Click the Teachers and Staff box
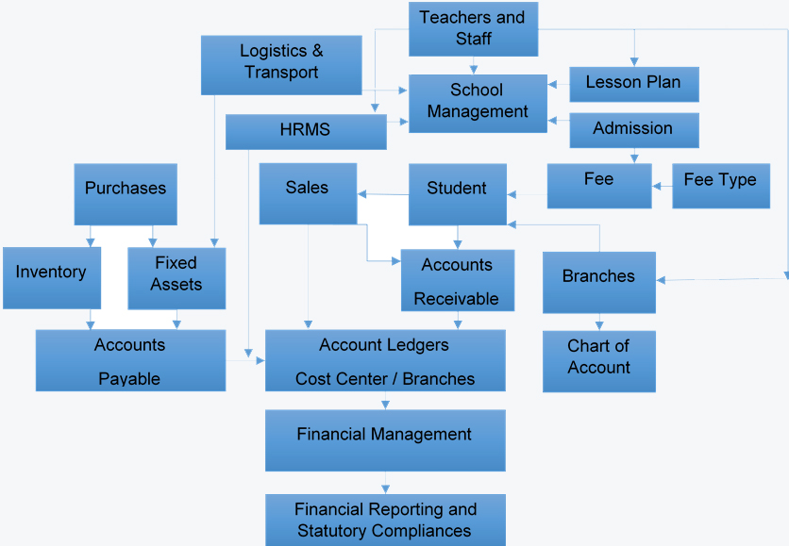coord(473,28)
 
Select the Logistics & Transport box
coord(281,64)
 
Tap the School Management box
coord(477,102)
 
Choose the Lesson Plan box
coord(633,83)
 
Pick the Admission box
coord(633,129)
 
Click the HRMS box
coord(306,131)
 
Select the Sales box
coord(308,193)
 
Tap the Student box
coord(457,194)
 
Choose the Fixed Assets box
coord(176,277)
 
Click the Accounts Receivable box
coord(457,281)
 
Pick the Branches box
coord(598,281)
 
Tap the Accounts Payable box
coord(130,360)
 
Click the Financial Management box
coord(384,439)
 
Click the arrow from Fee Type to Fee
coord(662,186)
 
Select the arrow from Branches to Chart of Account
coord(598,322)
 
